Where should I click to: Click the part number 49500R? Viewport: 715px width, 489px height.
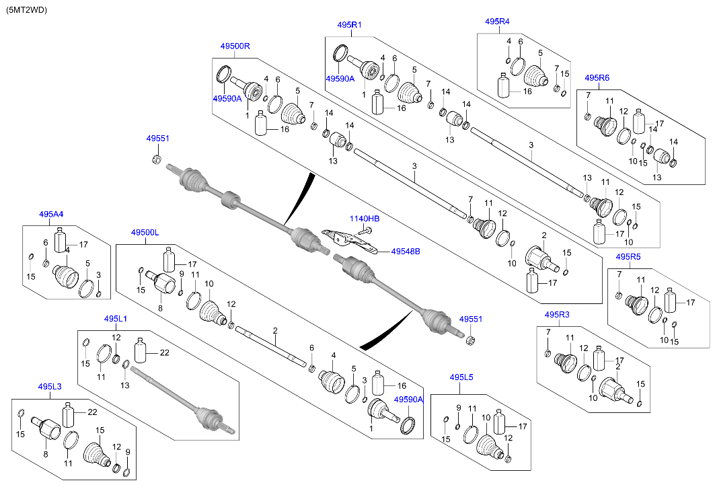click(x=235, y=46)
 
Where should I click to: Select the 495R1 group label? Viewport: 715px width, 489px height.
click(x=349, y=25)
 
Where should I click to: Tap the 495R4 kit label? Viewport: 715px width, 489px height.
click(x=497, y=22)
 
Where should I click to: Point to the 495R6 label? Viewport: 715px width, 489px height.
click(x=597, y=78)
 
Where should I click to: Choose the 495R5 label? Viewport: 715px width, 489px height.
click(x=628, y=257)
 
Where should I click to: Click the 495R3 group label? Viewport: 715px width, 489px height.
click(x=556, y=315)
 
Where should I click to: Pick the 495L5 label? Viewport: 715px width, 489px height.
click(x=461, y=377)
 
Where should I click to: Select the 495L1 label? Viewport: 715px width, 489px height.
click(x=115, y=318)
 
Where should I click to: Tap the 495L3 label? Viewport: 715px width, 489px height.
click(x=50, y=387)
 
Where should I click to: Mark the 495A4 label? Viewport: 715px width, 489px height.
click(x=51, y=215)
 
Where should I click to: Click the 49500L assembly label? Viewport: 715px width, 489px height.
click(x=145, y=232)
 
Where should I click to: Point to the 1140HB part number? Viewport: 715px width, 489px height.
click(x=364, y=219)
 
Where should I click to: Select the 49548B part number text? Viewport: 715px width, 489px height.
click(x=406, y=251)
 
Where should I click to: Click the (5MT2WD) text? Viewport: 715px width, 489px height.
click(x=27, y=10)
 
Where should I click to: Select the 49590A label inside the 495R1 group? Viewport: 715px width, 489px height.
click(x=340, y=79)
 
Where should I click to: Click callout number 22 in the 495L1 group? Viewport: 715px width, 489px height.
click(x=163, y=352)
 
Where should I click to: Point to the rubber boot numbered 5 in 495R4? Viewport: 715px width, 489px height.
click(x=536, y=75)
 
